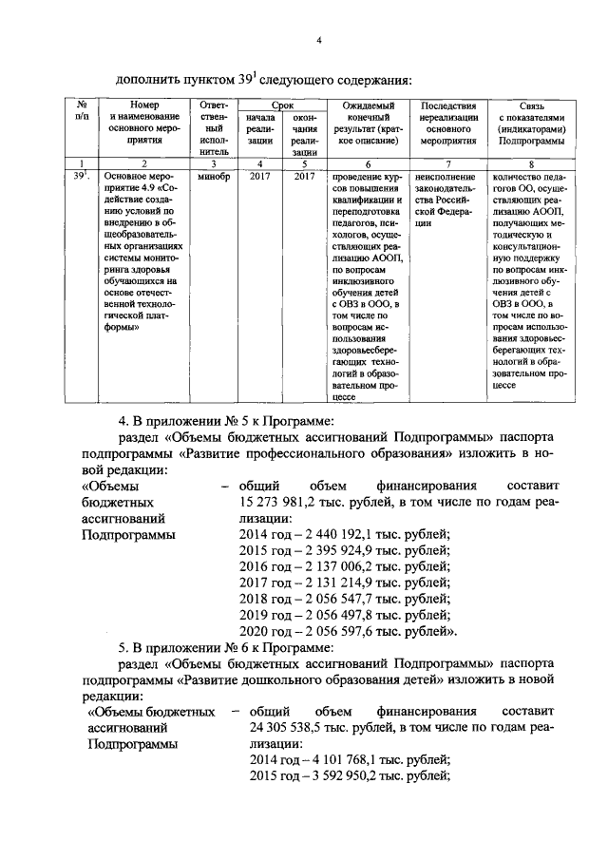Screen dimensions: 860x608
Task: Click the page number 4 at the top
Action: [x=320, y=39]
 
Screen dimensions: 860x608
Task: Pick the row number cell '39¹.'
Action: [x=82, y=176]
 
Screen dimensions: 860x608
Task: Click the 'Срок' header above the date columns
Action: [x=282, y=105]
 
